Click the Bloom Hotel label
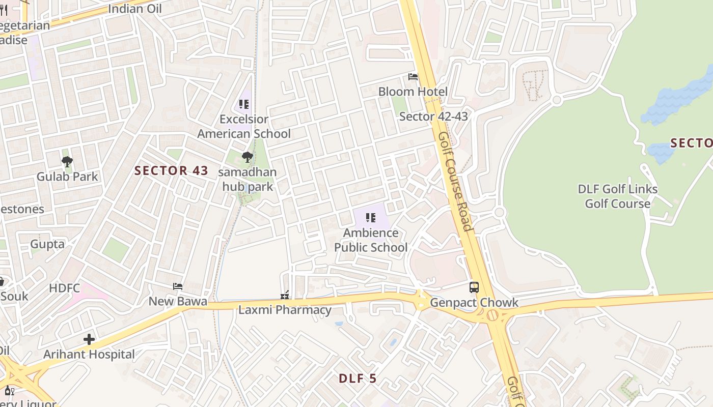pyautogui.click(x=413, y=92)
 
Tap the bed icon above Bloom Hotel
pyautogui.click(x=413, y=77)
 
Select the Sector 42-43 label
pyautogui.click(x=433, y=117)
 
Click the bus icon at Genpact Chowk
pyautogui.click(x=474, y=287)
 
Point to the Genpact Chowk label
pyautogui.click(x=474, y=303)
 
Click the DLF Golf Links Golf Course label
pyautogui.click(x=617, y=196)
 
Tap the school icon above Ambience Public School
pyautogui.click(x=371, y=218)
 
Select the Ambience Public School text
pyautogui.click(x=371, y=240)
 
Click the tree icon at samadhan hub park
pyautogui.click(x=248, y=157)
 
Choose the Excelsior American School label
pyautogui.click(x=244, y=126)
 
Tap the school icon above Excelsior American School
pyautogui.click(x=244, y=105)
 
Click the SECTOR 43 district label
pyautogui.click(x=172, y=170)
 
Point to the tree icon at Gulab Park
pyautogui.click(x=67, y=162)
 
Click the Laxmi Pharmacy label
pyautogui.click(x=285, y=310)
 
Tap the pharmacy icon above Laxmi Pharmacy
pyautogui.click(x=285, y=295)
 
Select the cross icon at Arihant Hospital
pyautogui.click(x=89, y=339)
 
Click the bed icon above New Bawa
pyautogui.click(x=178, y=286)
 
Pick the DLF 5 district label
pyautogui.click(x=358, y=379)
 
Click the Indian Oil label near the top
pyautogui.click(x=135, y=9)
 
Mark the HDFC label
pyautogui.click(x=65, y=288)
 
